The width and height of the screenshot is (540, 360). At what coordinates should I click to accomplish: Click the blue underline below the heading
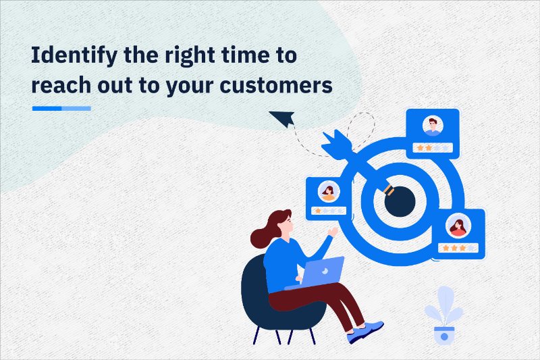[x=61, y=108]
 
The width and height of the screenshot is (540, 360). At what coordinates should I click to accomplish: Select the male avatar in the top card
[x=432, y=126]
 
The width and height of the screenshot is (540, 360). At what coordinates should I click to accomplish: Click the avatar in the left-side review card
[x=329, y=192]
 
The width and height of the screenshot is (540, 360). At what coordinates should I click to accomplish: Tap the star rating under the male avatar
[x=432, y=147]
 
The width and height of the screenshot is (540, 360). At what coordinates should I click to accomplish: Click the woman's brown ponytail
[x=265, y=233]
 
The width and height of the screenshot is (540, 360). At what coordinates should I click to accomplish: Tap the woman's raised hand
[x=331, y=232]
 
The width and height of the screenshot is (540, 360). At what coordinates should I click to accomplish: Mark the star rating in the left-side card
[x=329, y=211]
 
